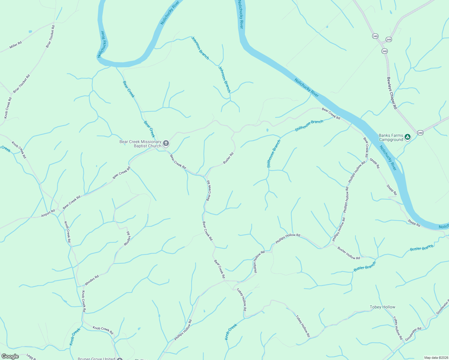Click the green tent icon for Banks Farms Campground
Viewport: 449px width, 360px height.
pos(407,137)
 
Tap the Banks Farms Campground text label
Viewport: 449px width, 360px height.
pos(391,137)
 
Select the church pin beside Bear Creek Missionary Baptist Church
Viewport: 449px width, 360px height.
pos(166,143)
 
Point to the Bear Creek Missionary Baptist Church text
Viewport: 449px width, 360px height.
pos(140,144)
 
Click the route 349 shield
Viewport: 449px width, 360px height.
pos(389,40)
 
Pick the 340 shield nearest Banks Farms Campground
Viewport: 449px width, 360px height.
pos(420,133)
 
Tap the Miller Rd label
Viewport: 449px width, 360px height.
pos(16,45)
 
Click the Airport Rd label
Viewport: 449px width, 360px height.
pos(48,213)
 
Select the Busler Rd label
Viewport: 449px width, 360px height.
pos(228,158)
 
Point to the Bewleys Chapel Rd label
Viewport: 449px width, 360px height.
pos(392,93)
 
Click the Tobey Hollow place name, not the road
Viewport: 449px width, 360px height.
pos(382,307)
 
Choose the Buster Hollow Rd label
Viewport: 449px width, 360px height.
pos(348,253)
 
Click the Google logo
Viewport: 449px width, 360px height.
pos(10,356)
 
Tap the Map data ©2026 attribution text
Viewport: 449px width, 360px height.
pos(436,357)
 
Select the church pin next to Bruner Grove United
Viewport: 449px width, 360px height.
pos(120,359)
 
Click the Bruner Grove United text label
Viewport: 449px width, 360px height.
pos(96,358)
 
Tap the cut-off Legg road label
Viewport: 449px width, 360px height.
pos(31,357)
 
